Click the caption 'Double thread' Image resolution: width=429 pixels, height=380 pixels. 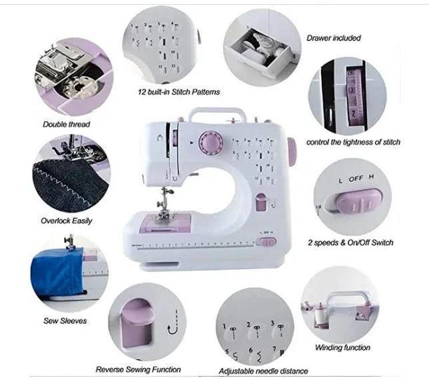click(67, 124)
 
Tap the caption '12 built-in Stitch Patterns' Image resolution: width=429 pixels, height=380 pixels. click(179, 91)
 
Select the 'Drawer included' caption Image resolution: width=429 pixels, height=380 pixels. click(334, 38)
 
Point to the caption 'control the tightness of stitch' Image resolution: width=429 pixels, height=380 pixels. click(353, 142)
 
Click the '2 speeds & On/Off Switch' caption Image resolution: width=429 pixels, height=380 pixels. click(350, 243)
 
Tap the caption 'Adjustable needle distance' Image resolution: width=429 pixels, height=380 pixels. click(263, 371)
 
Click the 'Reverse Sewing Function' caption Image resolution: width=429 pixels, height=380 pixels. click(138, 369)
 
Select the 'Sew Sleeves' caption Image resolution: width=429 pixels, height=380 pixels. click(65, 321)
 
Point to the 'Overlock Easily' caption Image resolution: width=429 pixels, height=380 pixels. click(67, 221)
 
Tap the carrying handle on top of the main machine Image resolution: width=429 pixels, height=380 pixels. click(232, 114)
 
